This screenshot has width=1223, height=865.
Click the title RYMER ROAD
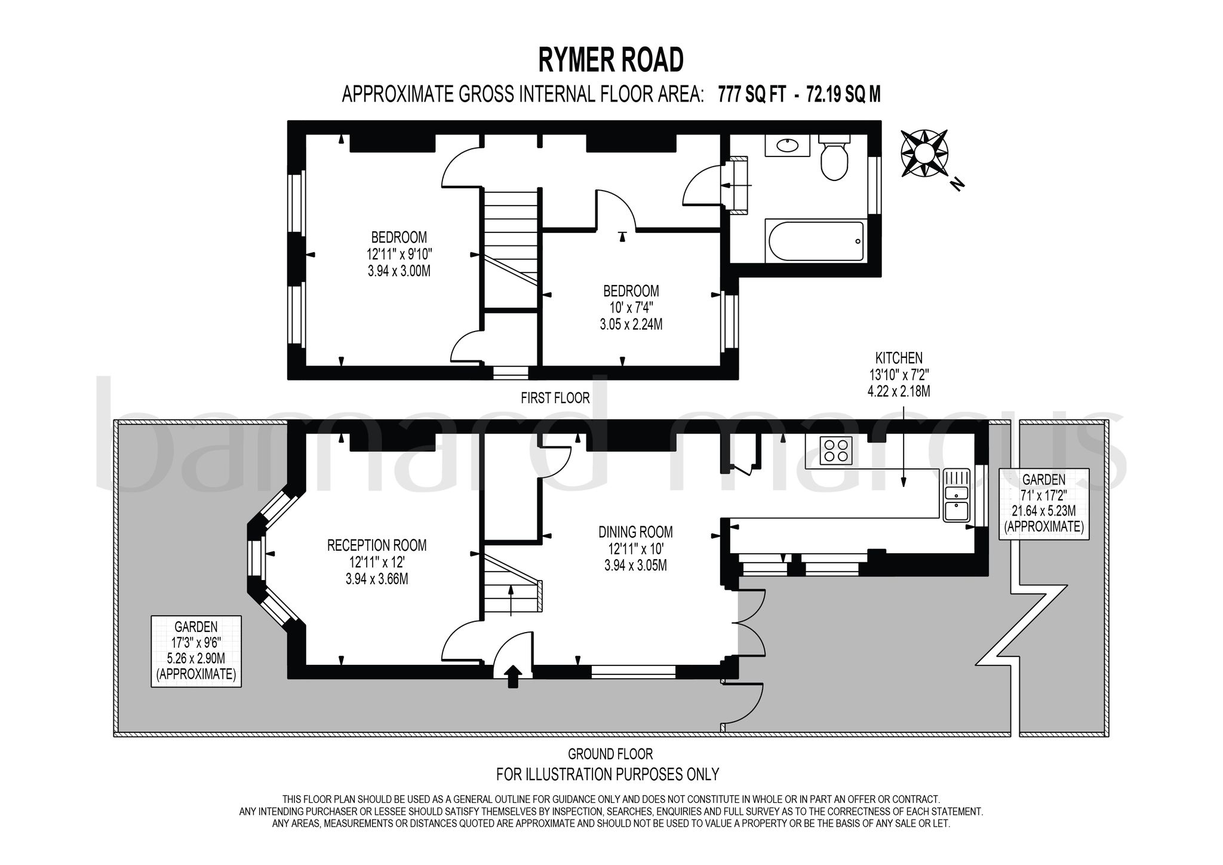click(x=610, y=60)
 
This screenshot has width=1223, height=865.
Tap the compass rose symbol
click(x=924, y=153)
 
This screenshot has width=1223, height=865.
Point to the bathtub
click(x=816, y=241)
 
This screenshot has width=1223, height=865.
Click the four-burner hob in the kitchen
click(x=835, y=450)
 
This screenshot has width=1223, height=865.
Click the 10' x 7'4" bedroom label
click(x=631, y=308)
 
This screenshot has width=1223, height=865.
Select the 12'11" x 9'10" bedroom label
click(x=399, y=253)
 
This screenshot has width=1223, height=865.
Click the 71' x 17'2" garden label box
click(x=1043, y=503)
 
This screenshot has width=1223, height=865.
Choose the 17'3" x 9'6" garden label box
click(x=196, y=651)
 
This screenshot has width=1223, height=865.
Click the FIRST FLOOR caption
click(x=555, y=398)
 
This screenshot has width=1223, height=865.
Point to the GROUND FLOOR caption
click(x=610, y=754)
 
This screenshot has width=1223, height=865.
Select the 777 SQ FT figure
click(x=752, y=94)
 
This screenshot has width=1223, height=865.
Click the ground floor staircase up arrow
click(x=511, y=599)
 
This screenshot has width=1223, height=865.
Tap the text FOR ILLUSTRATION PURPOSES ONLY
click(x=607, y=774)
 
